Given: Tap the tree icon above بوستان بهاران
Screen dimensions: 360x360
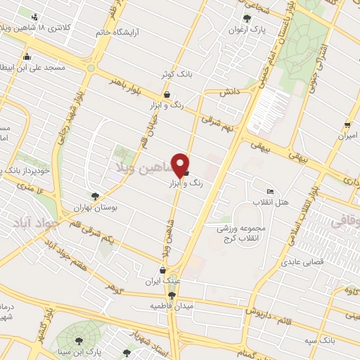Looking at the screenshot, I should click(96, 196).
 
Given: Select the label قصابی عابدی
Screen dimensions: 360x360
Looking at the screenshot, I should click(302, 262).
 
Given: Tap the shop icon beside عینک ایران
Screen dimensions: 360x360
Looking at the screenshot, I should click(163, 270).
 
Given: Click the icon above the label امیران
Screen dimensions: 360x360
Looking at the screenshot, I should click(347, 126).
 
